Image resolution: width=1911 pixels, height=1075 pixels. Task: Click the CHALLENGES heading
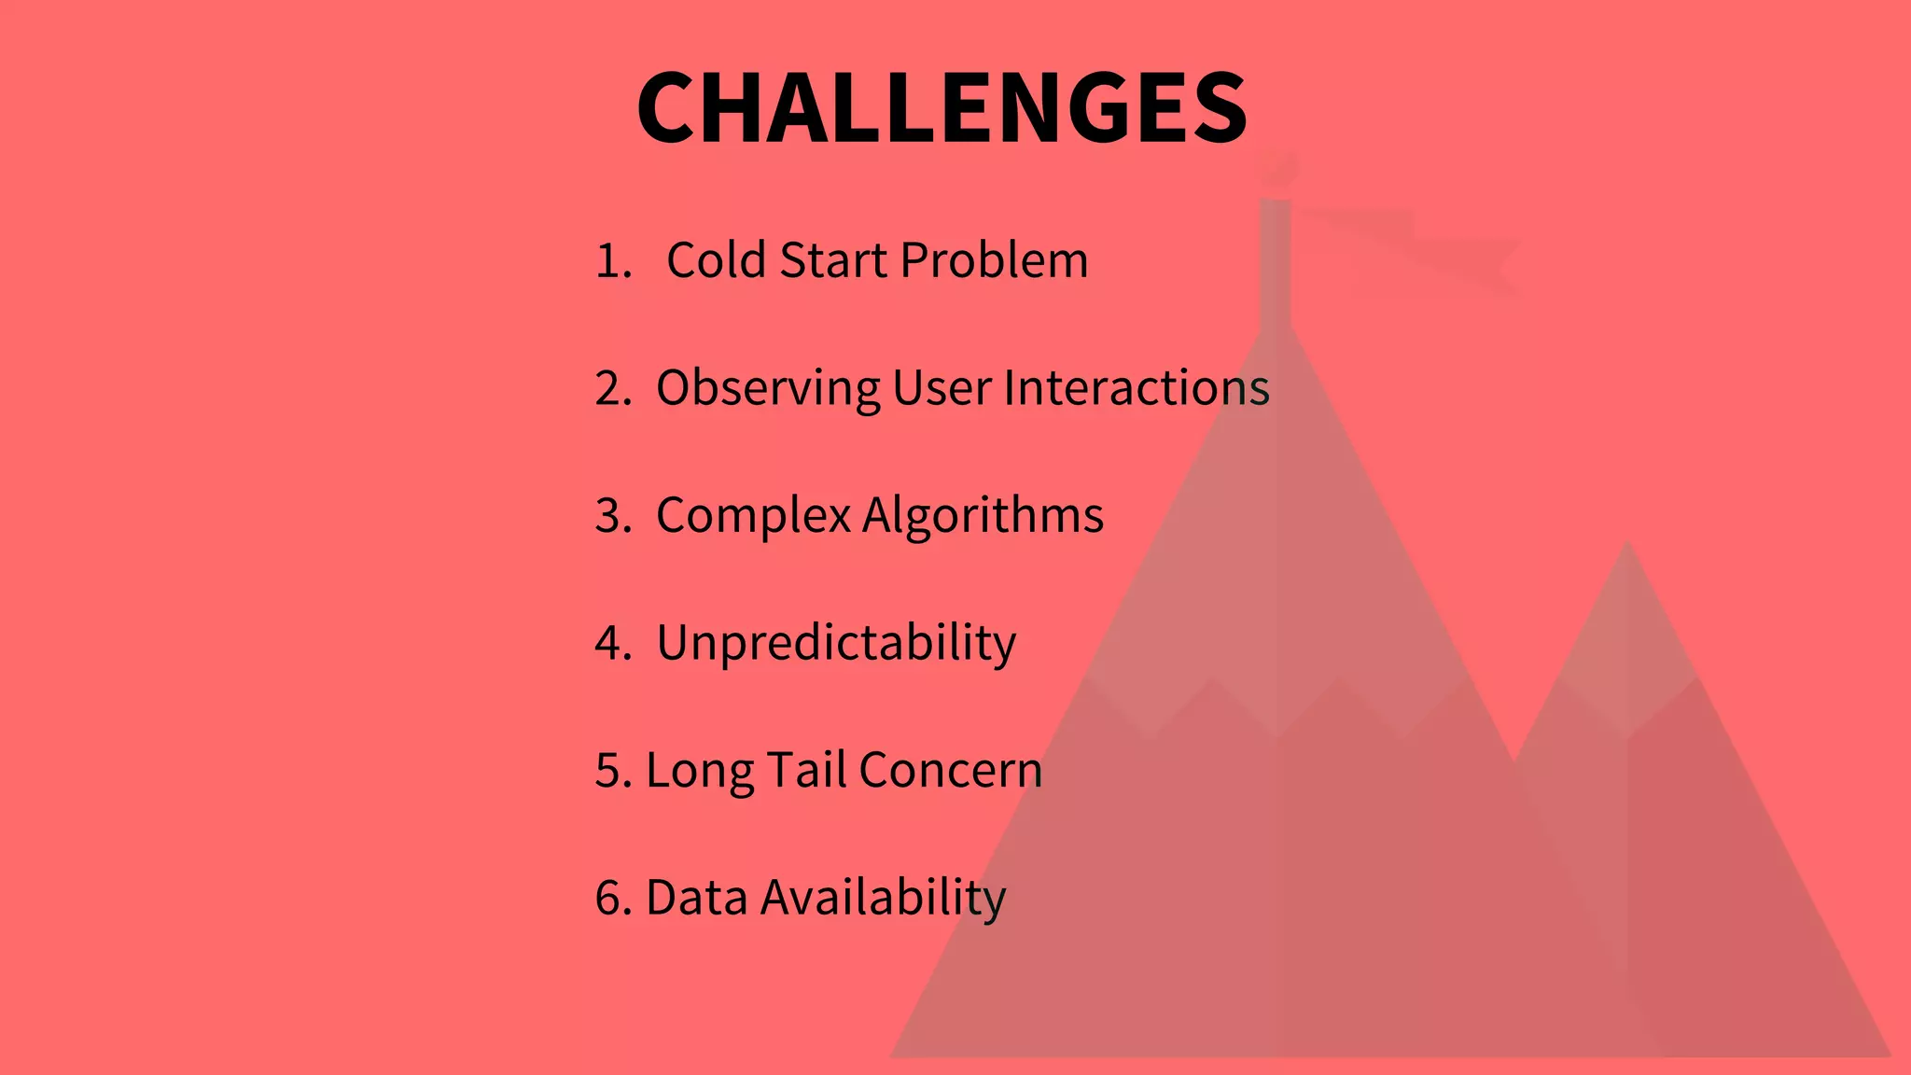(x=942, y=108)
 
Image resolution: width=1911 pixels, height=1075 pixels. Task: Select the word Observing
(x=767, y=388)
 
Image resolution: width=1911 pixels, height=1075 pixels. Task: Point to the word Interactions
(x=1136, y=388)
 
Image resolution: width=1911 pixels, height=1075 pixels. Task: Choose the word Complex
(x=753, y=516)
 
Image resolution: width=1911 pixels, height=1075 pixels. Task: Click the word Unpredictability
(x=836, y=644)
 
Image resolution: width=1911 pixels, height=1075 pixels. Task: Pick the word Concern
(x=950, y=771)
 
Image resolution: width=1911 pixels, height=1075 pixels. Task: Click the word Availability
(x=883, y=898)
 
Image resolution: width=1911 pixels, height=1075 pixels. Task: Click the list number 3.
(x=612, y=516)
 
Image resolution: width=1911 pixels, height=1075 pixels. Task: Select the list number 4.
(x=612, y=644)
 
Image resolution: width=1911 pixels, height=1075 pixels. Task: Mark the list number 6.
(x=612, y=898)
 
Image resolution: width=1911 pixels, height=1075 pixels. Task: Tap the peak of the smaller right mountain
(x=1627, y=551)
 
